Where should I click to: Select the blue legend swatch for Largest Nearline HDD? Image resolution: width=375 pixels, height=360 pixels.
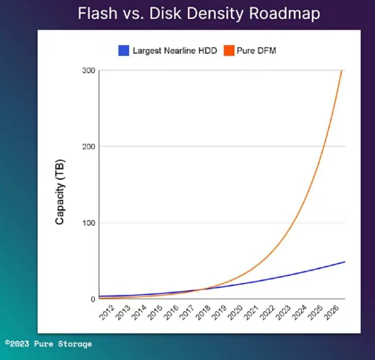pos(123,51)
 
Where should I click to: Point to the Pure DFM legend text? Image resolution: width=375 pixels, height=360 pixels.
pos(256,51)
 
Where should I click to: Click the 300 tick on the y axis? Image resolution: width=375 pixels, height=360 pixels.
pos(89,70)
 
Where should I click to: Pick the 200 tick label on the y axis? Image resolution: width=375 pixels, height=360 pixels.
pos(89,146)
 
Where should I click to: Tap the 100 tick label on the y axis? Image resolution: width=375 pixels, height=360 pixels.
pos(89,223)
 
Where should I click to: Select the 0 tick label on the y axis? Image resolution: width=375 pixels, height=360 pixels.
pos(93,299)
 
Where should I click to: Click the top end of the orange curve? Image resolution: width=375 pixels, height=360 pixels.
pos(342,71)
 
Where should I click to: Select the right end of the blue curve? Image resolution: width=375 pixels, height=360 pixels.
pos(344,262)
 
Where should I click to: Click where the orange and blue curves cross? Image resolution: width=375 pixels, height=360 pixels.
pos(198,290)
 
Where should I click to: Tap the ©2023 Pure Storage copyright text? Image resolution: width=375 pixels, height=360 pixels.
pos(48,343)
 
